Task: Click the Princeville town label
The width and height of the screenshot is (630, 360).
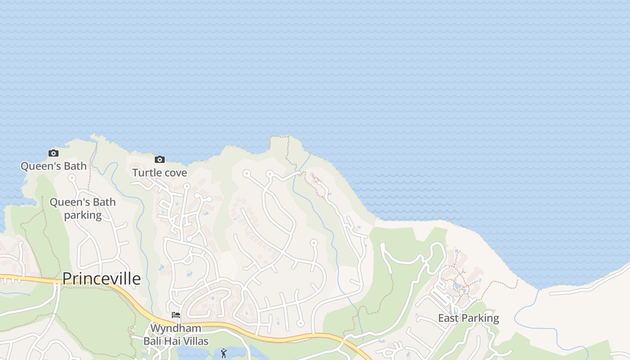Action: point(101,279)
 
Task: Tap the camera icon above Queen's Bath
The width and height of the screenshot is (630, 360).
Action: point(54,153)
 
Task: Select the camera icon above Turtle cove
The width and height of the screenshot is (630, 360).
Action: point(159,159)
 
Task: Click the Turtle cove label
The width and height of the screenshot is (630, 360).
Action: point(159,173)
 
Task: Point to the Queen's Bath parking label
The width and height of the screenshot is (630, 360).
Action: point(82,209)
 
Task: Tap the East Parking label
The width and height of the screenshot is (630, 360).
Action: point(468,319)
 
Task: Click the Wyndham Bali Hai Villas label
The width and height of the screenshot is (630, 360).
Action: point(175,334)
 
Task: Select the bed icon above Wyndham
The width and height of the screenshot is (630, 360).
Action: point(176,315)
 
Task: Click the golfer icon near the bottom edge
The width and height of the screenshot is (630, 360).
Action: point(224,353)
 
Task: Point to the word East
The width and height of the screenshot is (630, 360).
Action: point(448,319)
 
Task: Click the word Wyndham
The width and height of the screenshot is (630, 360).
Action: point(175,328)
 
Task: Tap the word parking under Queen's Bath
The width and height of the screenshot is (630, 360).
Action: point(83,216)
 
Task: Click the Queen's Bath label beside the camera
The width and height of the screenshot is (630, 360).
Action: point(54,166)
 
